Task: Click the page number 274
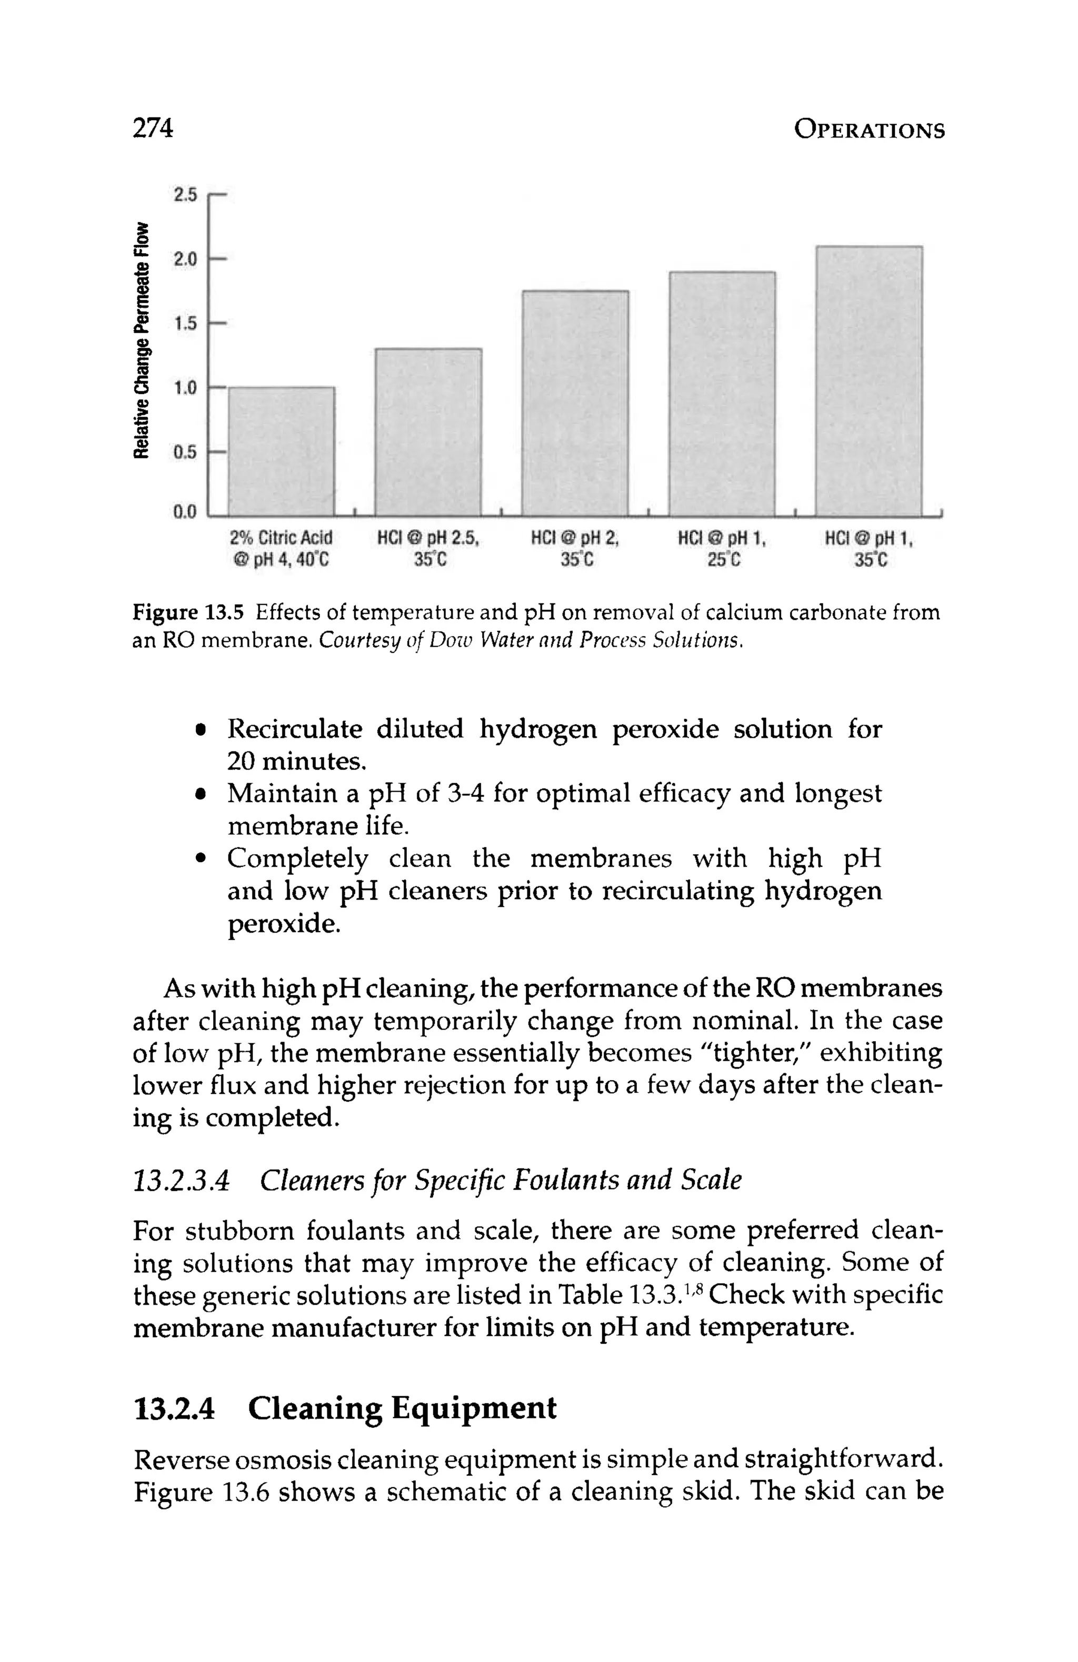152,128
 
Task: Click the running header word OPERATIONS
869,131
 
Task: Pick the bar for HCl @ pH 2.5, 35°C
428,431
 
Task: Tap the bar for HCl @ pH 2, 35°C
575,403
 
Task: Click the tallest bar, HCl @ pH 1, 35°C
869,381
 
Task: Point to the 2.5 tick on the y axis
185,195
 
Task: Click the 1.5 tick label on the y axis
185,323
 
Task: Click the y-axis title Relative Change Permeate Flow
143,340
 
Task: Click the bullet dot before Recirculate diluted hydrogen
201,730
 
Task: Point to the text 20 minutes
297,761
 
